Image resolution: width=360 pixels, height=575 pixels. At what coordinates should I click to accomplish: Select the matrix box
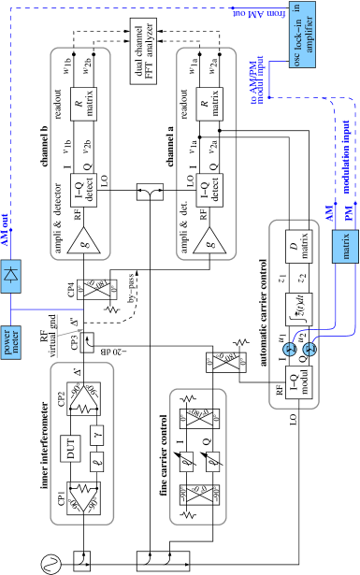346,246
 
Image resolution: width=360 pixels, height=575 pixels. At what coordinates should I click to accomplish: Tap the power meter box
10,342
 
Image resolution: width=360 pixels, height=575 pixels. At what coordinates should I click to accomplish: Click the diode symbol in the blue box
10,275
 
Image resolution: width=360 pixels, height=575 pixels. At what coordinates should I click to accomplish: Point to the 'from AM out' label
259,14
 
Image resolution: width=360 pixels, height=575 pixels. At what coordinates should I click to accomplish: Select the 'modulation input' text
346,157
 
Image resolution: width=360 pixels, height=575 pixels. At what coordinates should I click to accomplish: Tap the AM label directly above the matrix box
329,214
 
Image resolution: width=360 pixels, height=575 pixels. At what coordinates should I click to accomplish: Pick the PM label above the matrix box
349,214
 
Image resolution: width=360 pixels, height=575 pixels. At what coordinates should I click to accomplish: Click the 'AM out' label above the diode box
5,230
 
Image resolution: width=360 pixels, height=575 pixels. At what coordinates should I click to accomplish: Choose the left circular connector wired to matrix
289,349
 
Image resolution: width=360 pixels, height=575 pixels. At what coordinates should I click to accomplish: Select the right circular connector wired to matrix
310,349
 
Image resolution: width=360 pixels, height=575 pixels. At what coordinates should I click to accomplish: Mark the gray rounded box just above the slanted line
79,153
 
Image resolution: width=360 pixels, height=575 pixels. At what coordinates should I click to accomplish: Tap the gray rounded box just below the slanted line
82,443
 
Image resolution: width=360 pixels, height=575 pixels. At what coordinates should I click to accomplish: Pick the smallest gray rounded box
198,456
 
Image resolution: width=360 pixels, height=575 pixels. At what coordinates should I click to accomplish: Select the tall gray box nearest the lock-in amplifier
207,153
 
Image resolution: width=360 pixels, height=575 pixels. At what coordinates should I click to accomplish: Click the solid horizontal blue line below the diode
47,309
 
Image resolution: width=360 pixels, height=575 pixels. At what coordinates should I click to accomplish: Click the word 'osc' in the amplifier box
297,59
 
